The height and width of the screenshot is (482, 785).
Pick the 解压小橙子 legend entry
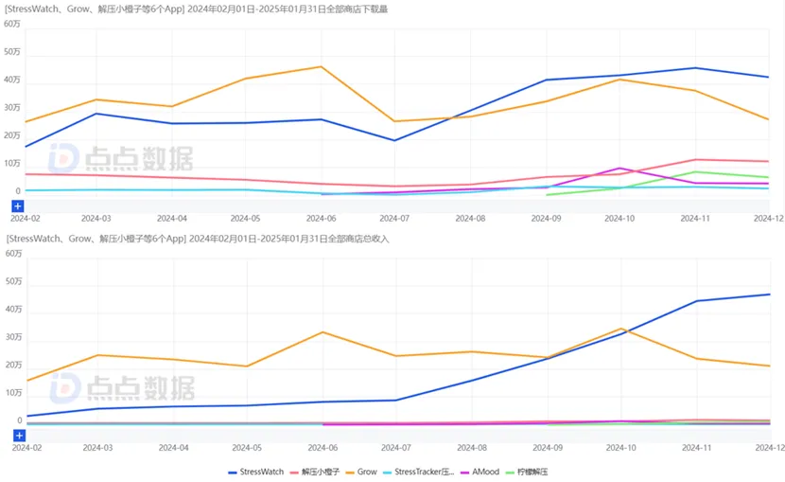point(314,471)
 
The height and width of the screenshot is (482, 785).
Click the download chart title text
point(197,9)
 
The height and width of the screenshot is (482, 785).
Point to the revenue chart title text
point(197,239)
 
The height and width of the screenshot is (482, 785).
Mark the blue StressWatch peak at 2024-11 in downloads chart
point(695,68)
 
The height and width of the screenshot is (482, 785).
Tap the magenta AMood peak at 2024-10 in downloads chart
point(619,168)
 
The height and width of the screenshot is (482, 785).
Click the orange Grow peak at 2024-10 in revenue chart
point(620,329)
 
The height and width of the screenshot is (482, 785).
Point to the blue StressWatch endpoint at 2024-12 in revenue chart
point(769,295)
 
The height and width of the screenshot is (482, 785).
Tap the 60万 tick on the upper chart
point(12,24)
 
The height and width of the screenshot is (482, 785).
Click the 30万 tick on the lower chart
point(12,337)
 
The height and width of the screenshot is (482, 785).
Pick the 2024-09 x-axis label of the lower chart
point(546,447)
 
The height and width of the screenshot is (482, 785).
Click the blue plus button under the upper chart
point(18,205)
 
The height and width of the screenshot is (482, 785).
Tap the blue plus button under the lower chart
point(18,435)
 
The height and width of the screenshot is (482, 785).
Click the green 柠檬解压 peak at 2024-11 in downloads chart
point(695,172)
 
